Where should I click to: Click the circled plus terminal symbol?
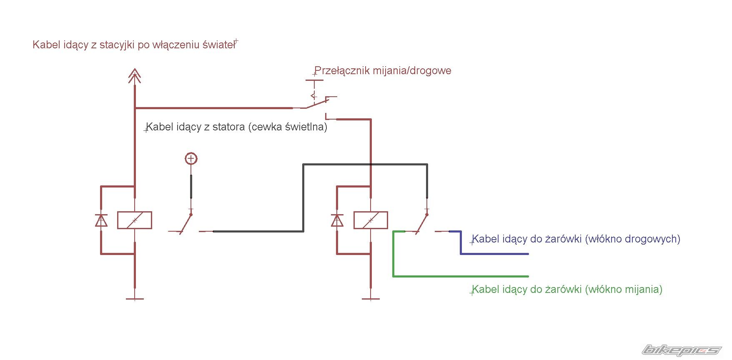coord(191,159)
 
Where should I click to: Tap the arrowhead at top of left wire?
coord(135,75)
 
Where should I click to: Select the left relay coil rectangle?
coord(135,220)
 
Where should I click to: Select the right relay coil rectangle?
coord(371,220)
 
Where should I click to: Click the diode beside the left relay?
coord(101,220)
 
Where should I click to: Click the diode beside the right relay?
coord(337,220)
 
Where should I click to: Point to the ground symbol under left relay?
coord(135,298)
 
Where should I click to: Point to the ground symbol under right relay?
coord(371,298)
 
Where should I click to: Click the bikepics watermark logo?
coord(681,350)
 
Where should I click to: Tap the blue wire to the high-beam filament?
coord(494,253)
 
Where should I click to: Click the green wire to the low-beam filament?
coord(459,276)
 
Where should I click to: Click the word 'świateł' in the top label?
coord(218,45)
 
